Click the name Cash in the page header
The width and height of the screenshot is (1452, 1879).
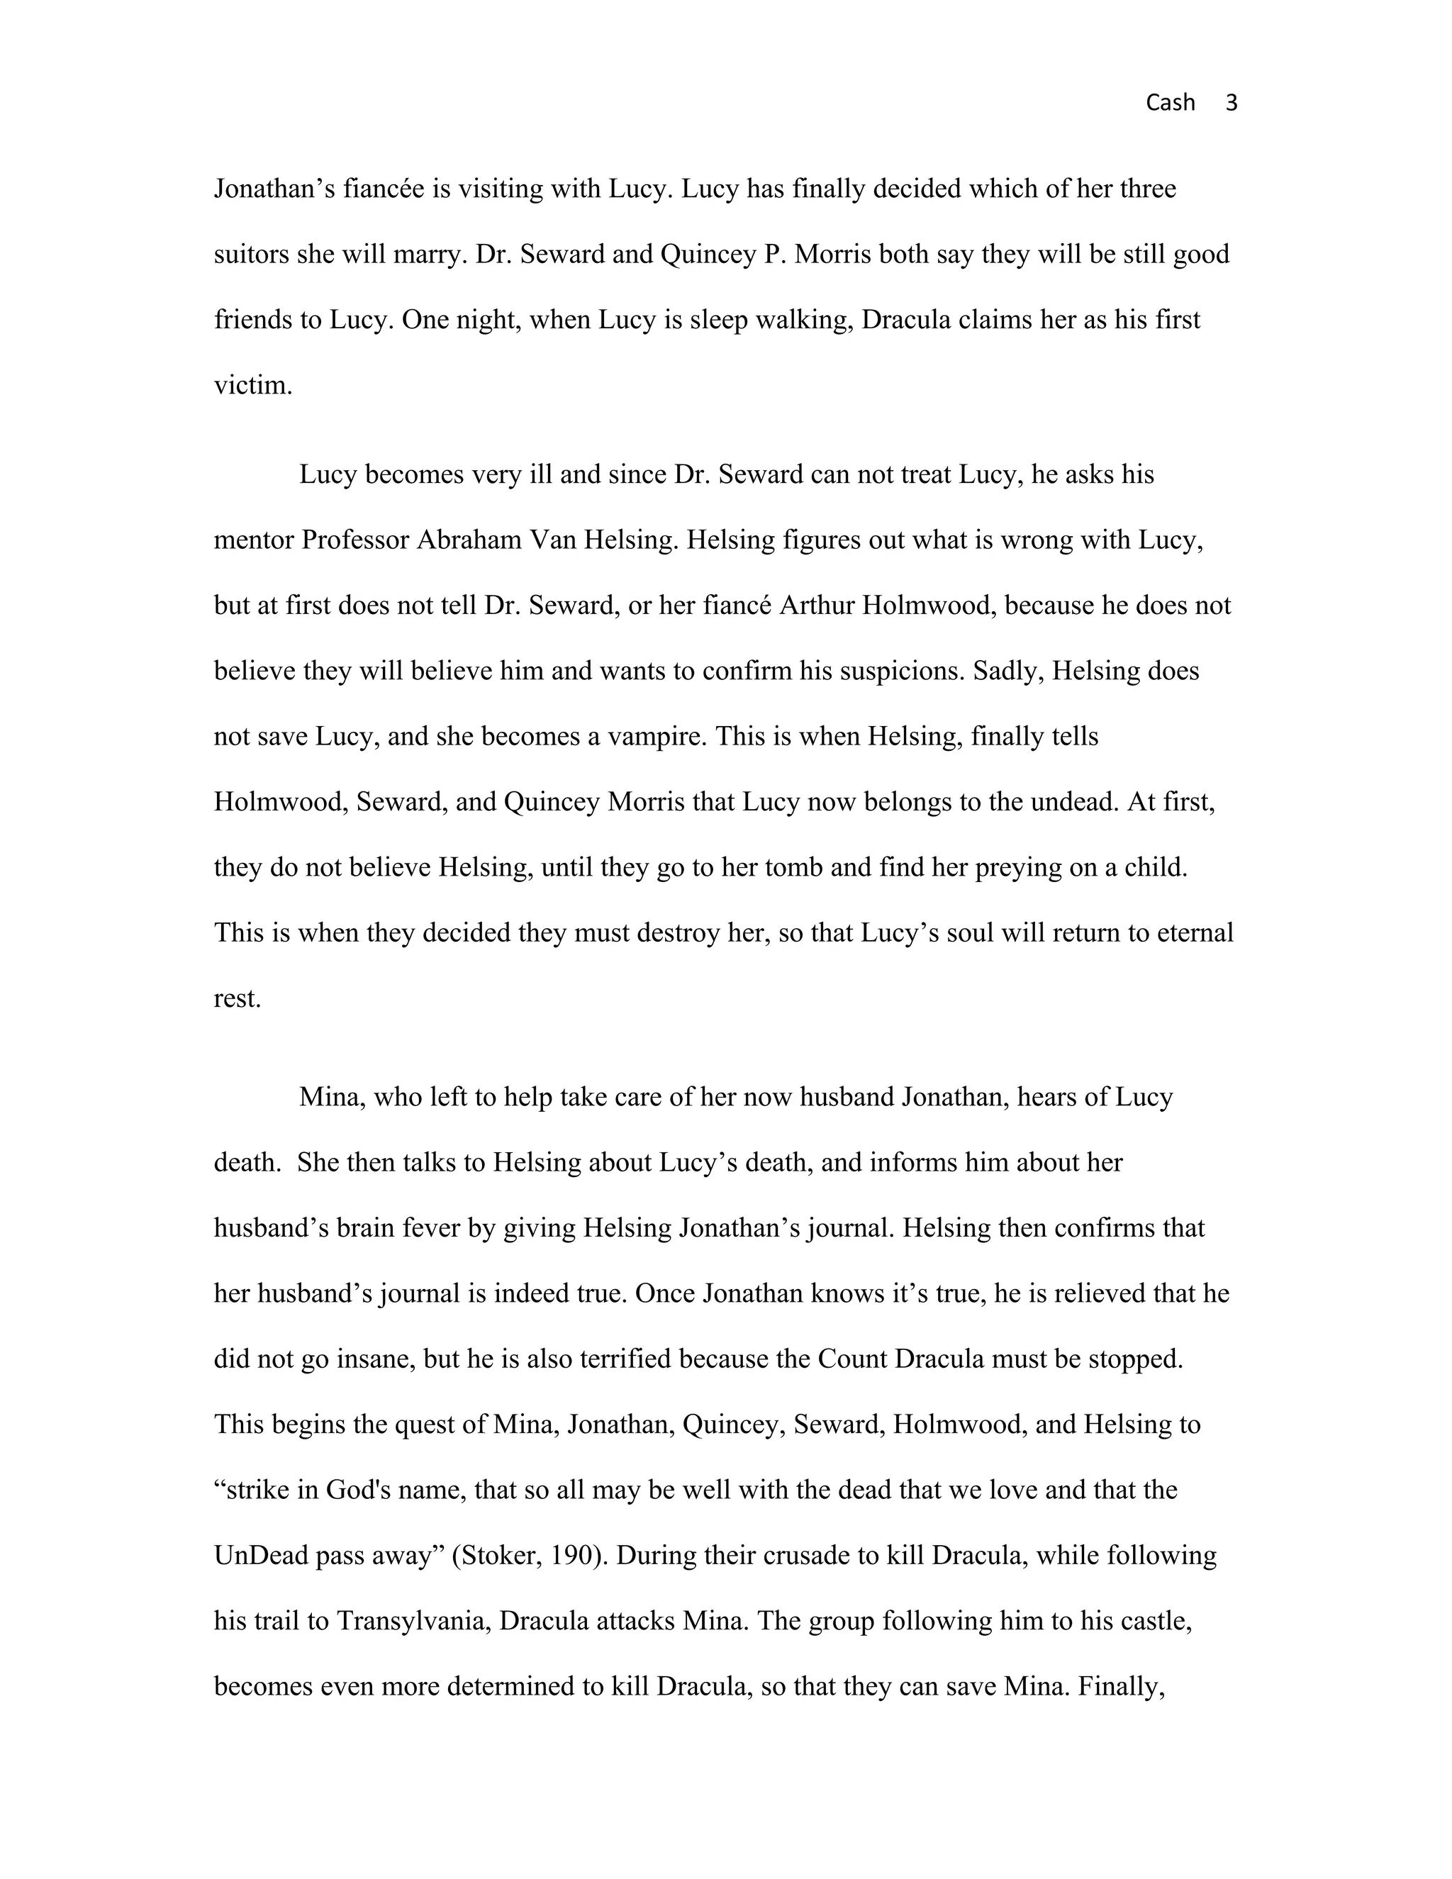point(1170,104)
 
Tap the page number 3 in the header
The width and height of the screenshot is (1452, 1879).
point(1231,104)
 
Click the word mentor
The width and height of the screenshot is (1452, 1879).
point(254,540)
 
